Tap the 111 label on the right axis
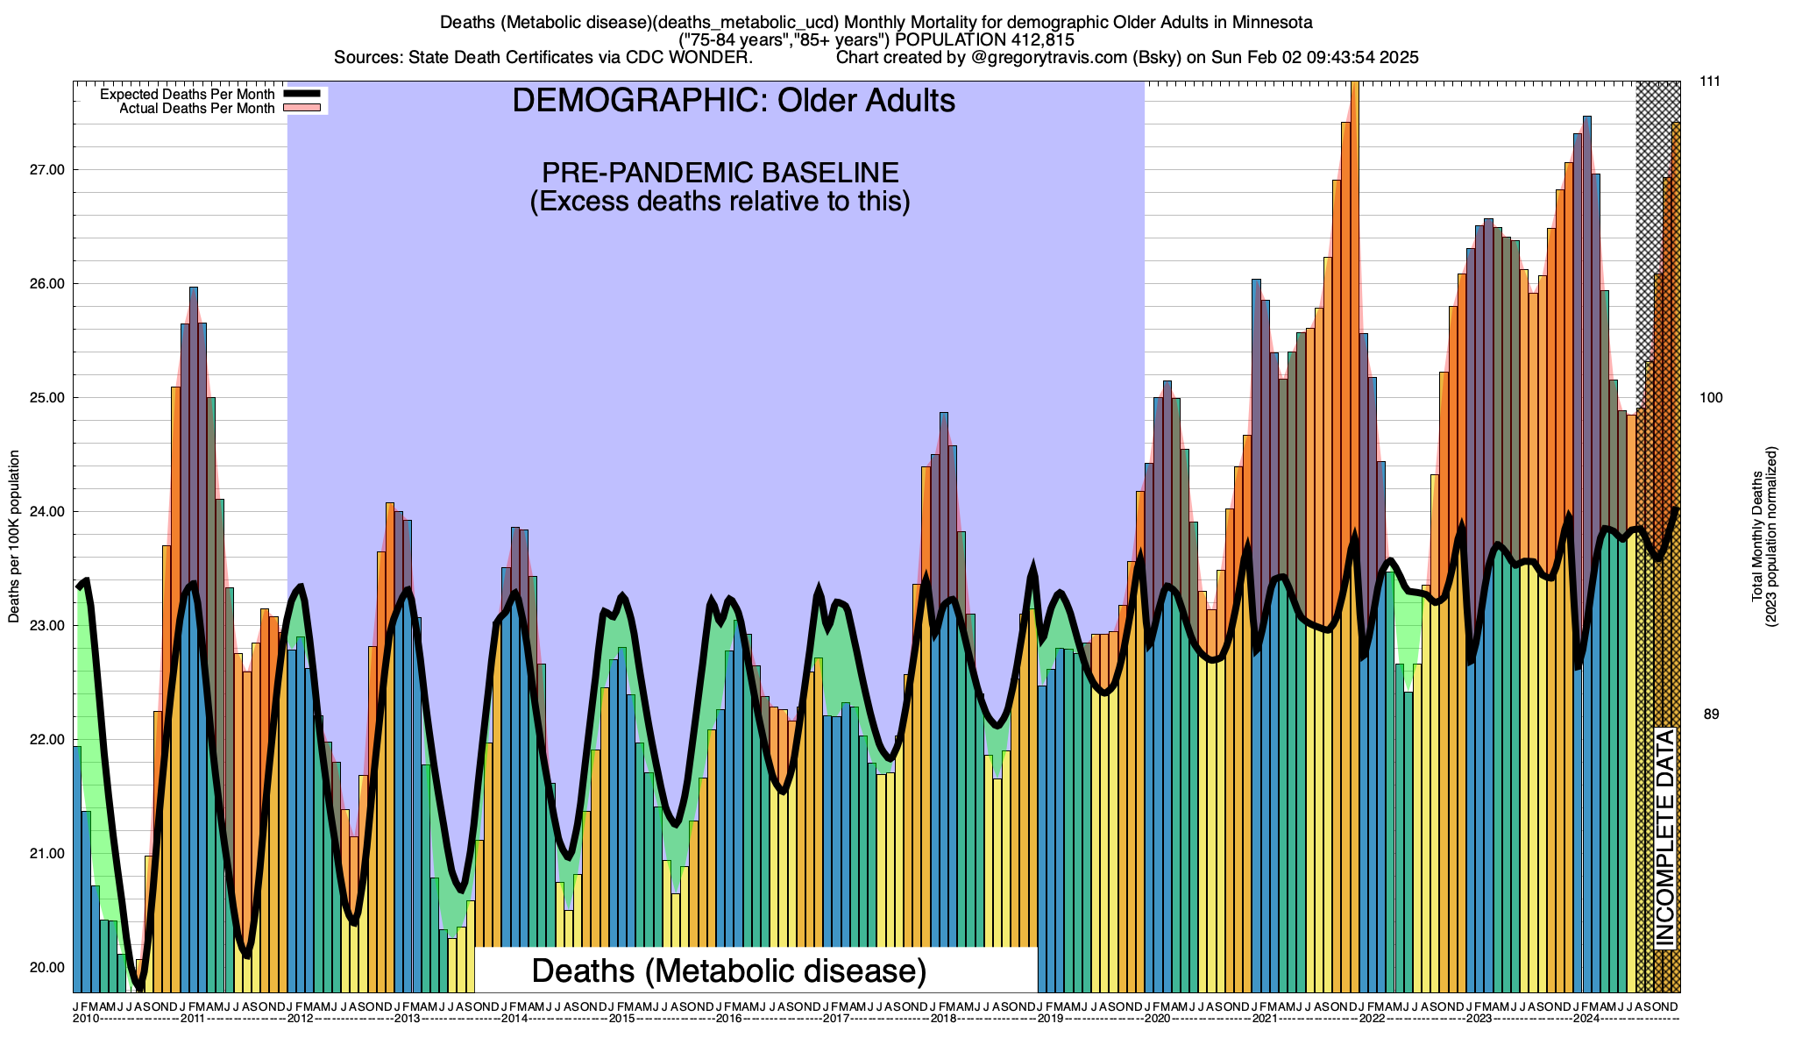(x=1710, y=82)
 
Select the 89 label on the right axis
(x=1710, y=714)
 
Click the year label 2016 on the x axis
(x=728, y=1019)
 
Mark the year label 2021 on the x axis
(x=1265, y=1019)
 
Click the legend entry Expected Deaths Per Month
(x=187, y=95)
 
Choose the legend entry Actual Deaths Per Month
(x=196, y=109)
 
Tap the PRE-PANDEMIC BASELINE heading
(x=720, y=172)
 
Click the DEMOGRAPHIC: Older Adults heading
(x=733, y=101)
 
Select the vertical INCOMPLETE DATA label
(x=1664, y=837)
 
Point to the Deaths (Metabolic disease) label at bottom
(x=728, y=970)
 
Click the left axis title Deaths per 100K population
(x=14, y=537)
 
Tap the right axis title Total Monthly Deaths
(x=1757, y=537)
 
